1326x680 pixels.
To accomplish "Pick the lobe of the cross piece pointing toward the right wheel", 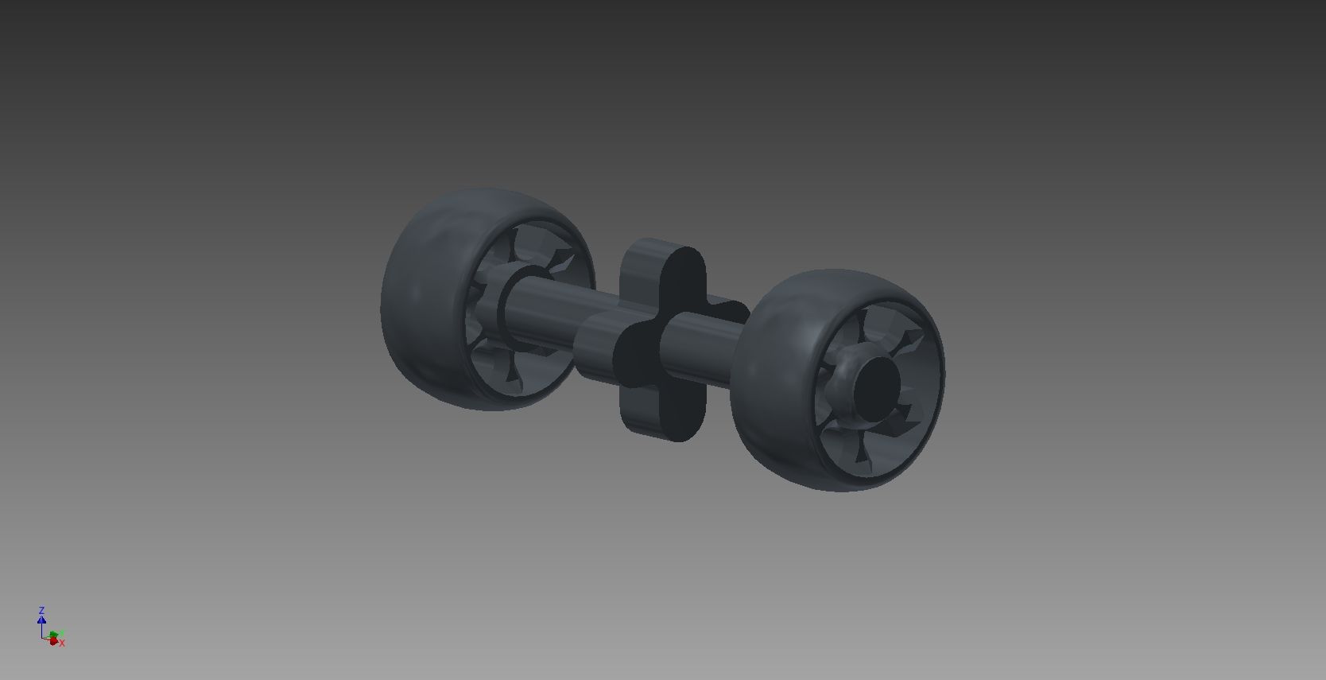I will (x=727, y=310).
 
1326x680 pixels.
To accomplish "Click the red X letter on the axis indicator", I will (x=62, y=643).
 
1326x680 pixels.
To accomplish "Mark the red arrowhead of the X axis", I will (x=53, y=641).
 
